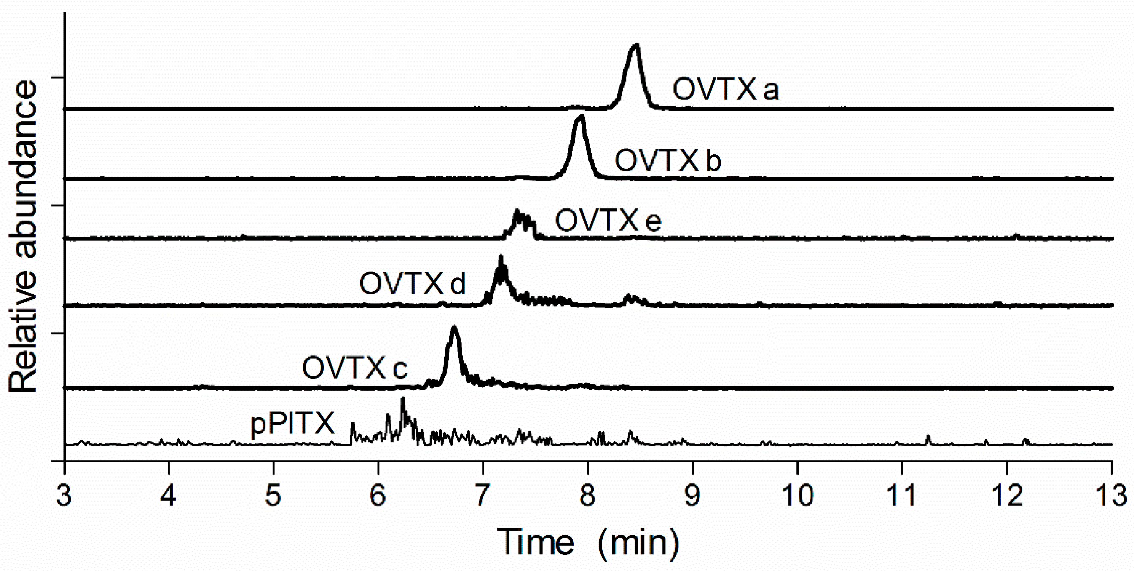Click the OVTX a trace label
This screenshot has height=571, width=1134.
point(725,89)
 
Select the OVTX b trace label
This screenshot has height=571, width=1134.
point(668,160)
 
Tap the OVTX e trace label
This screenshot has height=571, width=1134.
point(608,220)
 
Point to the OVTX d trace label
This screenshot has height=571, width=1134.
point(413,284)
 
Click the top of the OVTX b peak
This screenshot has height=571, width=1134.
point(581,117)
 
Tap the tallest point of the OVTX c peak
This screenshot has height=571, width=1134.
point(454,327)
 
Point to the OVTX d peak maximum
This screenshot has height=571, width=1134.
point(501,256)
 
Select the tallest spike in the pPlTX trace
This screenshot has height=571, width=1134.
point(402,398)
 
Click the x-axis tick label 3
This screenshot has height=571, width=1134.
point(64,495)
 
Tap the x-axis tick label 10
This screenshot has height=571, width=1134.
point(797,495)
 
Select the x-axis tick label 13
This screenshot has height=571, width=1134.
point(1112,495)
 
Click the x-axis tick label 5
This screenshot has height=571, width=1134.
point(273,495)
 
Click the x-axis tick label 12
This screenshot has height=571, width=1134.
point(1007,495)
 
